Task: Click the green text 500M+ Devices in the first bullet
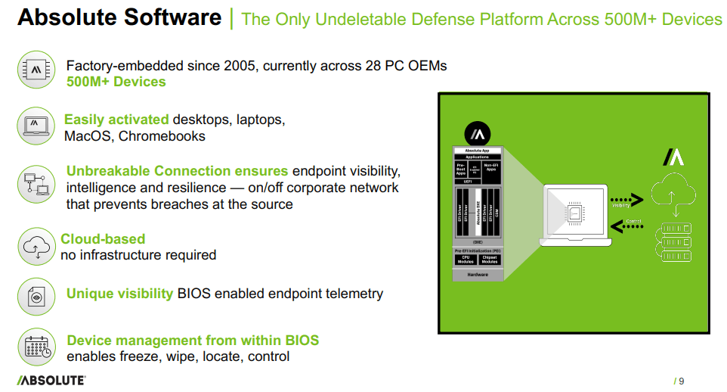pyautogui.click(x=116, y=82)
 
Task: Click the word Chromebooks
pyautogui.click(x=162, y=136)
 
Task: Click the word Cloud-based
pyautogui.click(x=103, y=239)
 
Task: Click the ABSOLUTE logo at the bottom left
pyautogui.click(x=51, y=380)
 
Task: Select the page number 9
pyautogui.click(x=681, y=381)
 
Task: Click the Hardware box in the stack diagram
pyautogui.click(x=477, y=275)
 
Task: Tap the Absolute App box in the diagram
pyautogui.click(x=477, y=150)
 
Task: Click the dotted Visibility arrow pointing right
pyautogui.click(x=626, y=200)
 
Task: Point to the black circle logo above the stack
pyautogui.click(x=477, y=134)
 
